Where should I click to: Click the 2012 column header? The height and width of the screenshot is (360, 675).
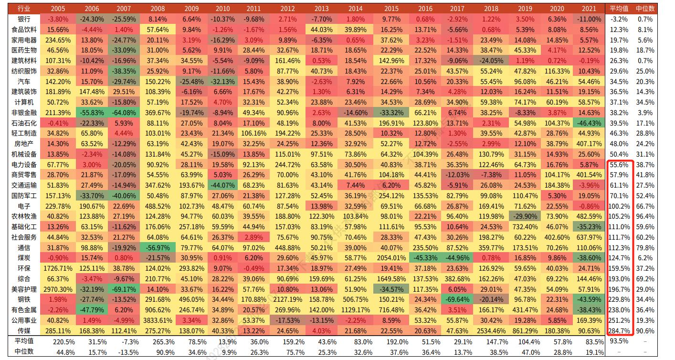click(287, 9)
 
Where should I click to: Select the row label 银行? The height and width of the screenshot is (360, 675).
click(24, 19)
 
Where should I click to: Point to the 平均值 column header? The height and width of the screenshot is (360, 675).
click(619, 9)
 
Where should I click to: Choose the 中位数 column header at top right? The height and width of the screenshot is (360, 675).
click(645, 9)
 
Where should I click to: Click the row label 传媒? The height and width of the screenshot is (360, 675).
click(24, 331)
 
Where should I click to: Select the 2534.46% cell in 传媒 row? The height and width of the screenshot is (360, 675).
click(491, 331)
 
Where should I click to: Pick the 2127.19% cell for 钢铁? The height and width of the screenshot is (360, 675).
click(287, 300)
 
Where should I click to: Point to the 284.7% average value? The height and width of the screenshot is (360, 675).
click(619, 331)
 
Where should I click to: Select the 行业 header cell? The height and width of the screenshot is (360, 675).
click(24, 9)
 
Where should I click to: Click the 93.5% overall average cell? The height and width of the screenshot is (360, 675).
click(619, 341)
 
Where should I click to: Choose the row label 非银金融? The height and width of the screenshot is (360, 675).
click(24, 113)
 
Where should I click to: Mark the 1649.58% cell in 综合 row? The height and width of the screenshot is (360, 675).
click(391, 279)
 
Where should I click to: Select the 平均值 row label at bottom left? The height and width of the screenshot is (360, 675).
click(24, 341)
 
